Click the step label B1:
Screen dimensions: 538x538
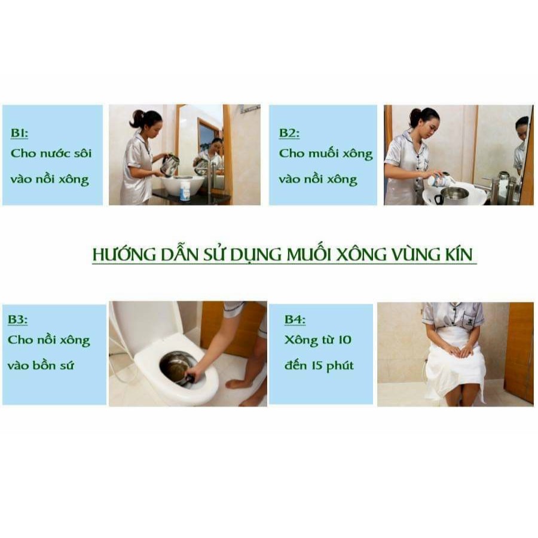tap(19, 133)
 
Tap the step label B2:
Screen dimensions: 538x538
tap(289, 133)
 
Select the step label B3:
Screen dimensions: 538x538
tap(17, 319)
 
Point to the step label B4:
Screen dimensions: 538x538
tap(295, 319)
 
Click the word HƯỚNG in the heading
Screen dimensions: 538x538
tap(124, 254)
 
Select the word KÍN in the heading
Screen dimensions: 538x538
tap(458, 254)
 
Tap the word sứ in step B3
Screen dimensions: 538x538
tap(67, 365)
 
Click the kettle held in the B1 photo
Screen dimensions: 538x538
tap(170, 165)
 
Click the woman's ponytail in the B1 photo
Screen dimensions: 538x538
tap(136, 118)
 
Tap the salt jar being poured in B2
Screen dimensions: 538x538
tap(441, 180)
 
